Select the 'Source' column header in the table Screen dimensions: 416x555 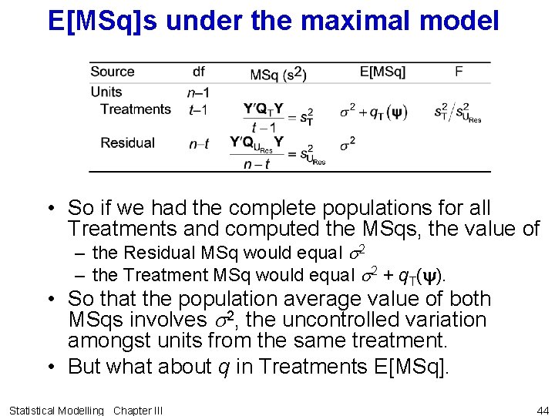click(113, 72)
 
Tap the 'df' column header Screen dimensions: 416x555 click(198, 72)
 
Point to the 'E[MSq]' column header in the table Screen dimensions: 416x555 click(382, 72)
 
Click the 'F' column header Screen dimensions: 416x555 click(459, 72)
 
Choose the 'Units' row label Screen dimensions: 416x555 click(106, 92)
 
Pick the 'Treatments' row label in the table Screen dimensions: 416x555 click(136, 109)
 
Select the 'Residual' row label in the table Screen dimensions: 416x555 click(127, 143)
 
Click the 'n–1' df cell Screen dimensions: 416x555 click(198, 92)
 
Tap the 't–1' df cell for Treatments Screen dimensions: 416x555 click(198, 110)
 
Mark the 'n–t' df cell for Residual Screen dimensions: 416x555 click(198, 144)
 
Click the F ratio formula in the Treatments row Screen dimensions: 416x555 click(457, 112)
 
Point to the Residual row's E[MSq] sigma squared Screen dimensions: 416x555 click(348, 143)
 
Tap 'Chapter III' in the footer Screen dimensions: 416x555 click(138, 410)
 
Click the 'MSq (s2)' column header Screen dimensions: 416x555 click(278, 74)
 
